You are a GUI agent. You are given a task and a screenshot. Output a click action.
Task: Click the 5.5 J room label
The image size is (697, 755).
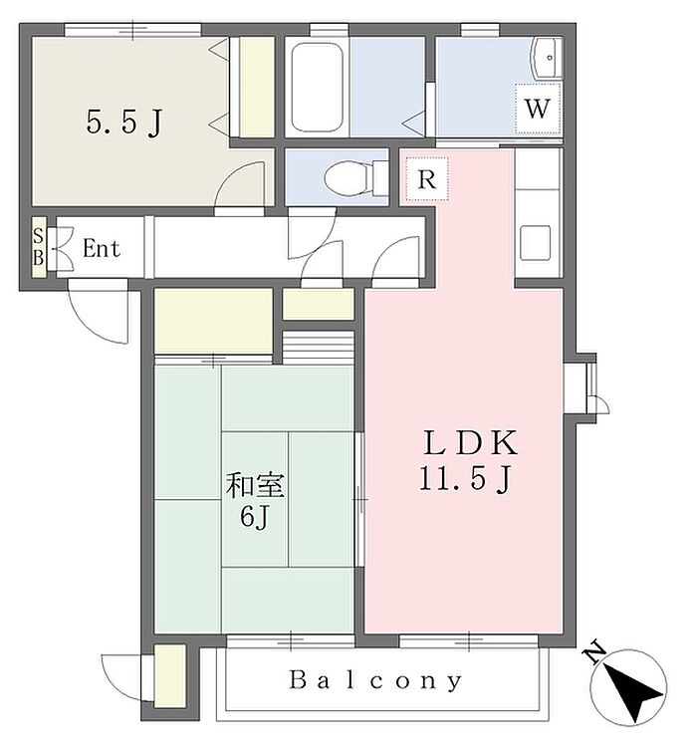point(124,123)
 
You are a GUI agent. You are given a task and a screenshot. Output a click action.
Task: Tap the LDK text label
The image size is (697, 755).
point(470,443)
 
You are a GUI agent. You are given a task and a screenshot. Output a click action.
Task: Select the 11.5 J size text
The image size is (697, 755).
point(465,479)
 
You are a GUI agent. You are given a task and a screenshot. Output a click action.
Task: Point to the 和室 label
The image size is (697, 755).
point(256,485)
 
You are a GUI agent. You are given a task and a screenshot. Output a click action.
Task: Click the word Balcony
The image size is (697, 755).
point(376,681)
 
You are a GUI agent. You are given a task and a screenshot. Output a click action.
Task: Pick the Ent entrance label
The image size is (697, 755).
point(102,248)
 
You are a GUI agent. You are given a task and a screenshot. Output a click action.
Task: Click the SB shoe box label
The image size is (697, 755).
point(38,247)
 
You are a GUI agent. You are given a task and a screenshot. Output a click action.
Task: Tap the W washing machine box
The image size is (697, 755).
point(538,109)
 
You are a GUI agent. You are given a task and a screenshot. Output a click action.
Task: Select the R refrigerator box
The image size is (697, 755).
point(427,178)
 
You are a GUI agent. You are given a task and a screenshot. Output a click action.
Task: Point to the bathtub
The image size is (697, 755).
point(318,87)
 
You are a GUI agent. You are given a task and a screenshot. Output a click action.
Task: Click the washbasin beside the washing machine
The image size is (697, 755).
point(547,58)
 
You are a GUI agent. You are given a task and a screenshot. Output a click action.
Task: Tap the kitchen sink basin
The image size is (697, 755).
point(535,243)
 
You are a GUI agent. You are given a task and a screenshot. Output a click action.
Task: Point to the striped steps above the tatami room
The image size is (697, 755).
point(319,348)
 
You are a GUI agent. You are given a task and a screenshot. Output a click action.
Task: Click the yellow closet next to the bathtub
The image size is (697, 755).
point(257,87)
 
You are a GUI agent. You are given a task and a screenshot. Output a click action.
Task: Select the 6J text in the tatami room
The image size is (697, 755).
point(255,518)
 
